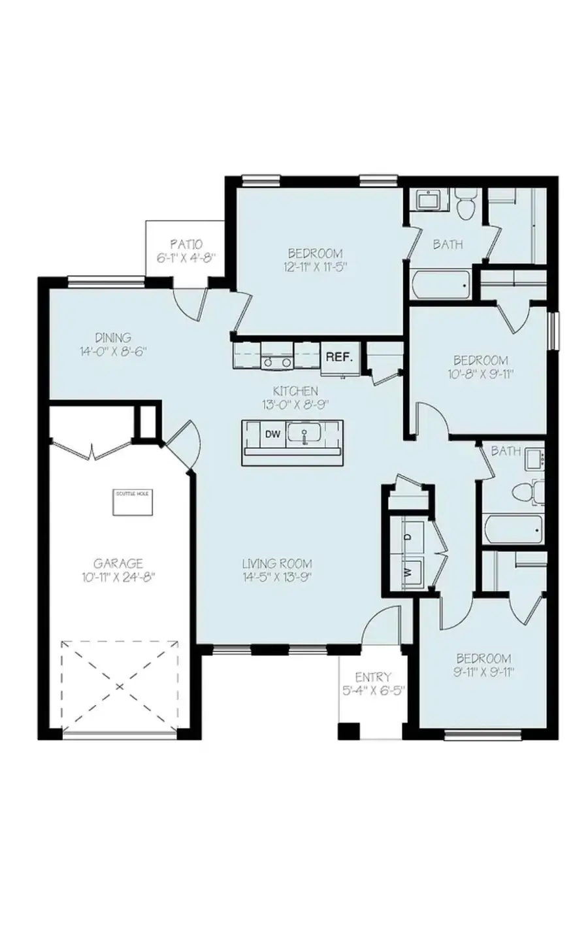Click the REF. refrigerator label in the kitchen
pos(340,357)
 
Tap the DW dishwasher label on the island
pos(271,433)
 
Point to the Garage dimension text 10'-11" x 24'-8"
pos(118,576)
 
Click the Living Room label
pos(277,563)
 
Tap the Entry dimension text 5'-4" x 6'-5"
pos(373,690)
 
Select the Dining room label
pos(113,338)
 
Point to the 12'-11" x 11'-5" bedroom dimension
pos(316,267)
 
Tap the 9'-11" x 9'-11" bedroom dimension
pos(483,672)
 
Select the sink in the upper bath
pos(429,200)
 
